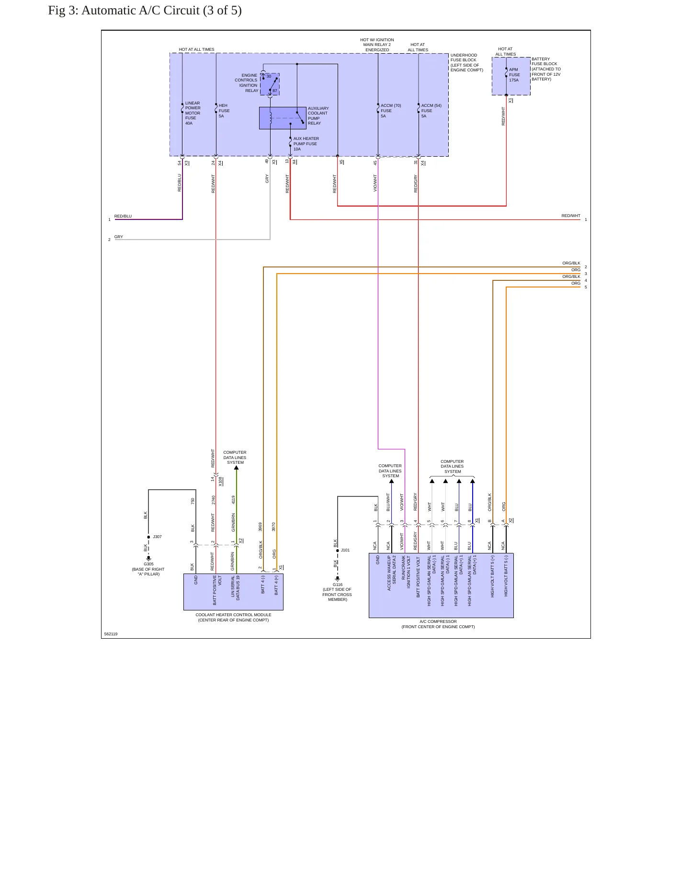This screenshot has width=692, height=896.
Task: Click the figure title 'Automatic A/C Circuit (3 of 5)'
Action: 161,11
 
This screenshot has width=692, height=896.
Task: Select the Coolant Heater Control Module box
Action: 233,592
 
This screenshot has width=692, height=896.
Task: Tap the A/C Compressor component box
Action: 441,586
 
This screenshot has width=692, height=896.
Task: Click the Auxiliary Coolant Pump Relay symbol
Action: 283,118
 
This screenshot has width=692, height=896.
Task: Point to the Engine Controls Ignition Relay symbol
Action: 270,84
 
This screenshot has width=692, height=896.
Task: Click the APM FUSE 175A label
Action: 514,75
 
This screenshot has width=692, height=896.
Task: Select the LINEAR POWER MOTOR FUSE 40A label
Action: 193,113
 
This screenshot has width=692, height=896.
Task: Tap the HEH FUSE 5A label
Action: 224,111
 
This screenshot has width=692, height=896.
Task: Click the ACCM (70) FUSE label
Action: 391,111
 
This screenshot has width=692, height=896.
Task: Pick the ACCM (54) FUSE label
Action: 431,111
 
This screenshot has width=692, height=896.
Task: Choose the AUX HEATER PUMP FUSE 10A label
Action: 306,144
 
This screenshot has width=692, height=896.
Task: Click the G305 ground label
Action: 148,564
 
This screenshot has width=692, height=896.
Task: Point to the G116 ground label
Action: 338,585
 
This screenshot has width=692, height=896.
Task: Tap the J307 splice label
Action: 158,537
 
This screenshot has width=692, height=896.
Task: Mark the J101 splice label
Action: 345,550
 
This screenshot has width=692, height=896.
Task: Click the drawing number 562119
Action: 111,634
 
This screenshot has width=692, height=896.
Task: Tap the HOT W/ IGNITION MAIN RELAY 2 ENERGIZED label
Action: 377,45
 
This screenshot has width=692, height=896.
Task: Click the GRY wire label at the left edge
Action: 119,237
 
